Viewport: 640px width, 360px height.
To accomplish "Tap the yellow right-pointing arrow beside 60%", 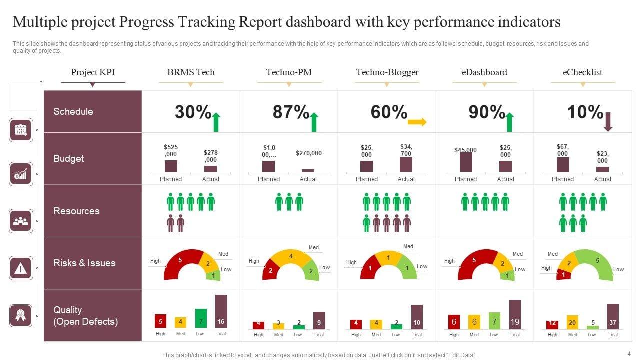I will pyautogui.click(x=417, y=122).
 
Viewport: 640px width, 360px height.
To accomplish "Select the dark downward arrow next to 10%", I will pyautogui.click(x=608, y=122).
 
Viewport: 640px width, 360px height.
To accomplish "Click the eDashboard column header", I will pyautogui.click(x=484, y=72).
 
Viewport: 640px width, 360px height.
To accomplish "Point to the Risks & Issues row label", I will pyautogui.click(x=84, y=263).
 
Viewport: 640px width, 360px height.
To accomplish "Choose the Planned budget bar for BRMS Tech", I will pyautogui.click(x=171, y=166).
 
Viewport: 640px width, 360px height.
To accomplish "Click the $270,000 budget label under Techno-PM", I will pyautogui.click(x=308, y=153).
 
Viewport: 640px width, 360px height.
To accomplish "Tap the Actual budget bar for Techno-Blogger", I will pyautogui.click(x=406, y=164).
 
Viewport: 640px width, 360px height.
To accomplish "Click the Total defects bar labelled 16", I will pyautogui.click(x=221, y=311).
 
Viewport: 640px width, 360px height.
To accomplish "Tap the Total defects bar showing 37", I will pyautogui.click(x=613, y=316).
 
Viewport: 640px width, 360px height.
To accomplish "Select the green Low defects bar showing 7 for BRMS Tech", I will pyautogui.click(x=201, y=318).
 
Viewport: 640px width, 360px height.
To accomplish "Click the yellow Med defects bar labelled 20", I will pyautogui.click(x=572, y=322).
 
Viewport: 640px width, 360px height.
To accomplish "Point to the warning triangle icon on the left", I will pyautogui.click(x=21, y=269).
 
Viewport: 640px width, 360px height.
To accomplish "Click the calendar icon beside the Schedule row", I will pyautogui.click(x=21, y=130).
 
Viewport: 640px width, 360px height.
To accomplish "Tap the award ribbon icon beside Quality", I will pyautogui.click(x=21, y=315).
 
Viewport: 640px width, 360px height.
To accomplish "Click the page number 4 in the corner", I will pyautogui.click(x=629, y=353).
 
